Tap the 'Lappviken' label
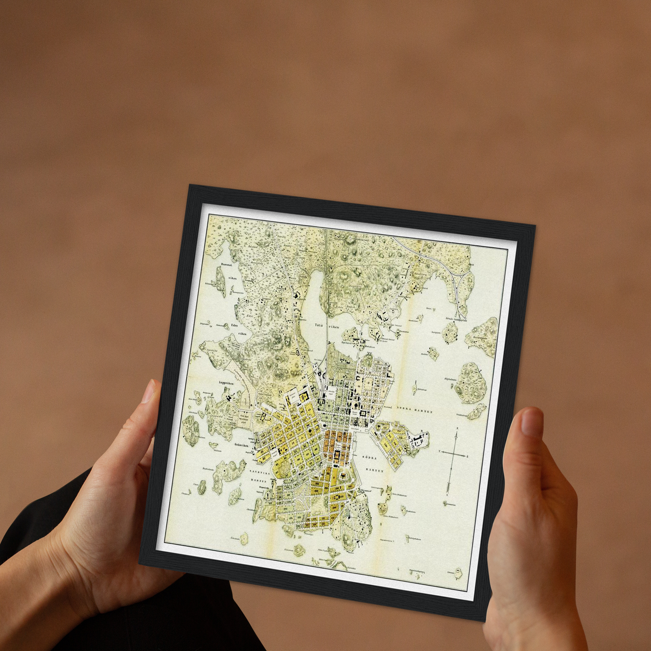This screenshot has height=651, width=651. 227,382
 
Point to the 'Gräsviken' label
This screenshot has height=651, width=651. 241,445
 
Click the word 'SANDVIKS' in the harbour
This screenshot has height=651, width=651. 259,473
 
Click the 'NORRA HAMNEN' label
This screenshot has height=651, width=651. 414,409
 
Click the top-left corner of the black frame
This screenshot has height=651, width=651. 190,185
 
